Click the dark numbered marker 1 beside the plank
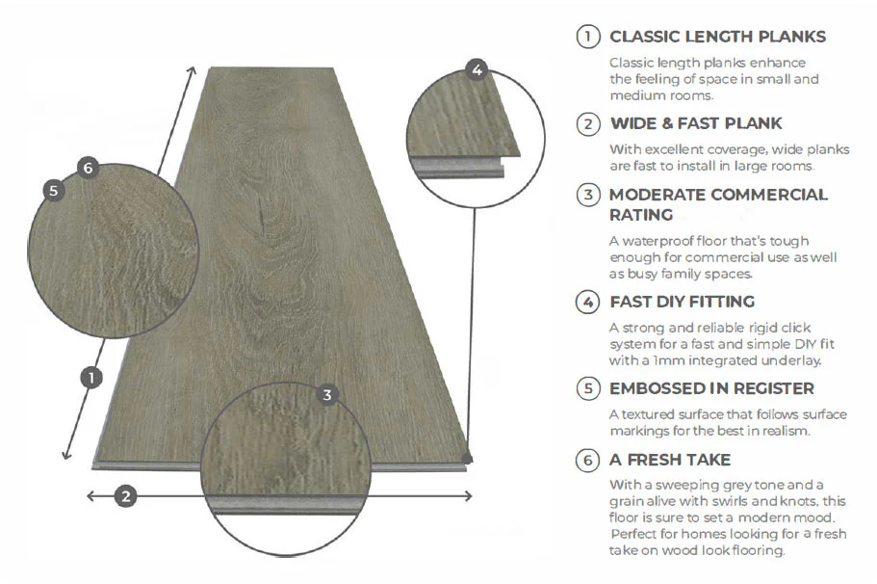click(x=90, y=378)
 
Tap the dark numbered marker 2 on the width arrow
click(x=125, y=496)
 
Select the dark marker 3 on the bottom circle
click(x=327, y=394)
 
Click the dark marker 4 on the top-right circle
click(x=477, y=69)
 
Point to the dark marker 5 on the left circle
click(x=53, y=190)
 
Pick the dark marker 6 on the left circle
click(x=88, y=168)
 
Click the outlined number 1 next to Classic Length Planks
click(x=587, y=38)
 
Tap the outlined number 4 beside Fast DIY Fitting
click(x=587, y=302)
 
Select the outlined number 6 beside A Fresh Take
click(x=587, y=460)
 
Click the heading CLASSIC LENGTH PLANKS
click(x=717, y=38)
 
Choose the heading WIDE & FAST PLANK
click(x=696, y=123)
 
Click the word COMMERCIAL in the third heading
click(x=768, y=195)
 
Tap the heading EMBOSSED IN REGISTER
click(x=711, y=388)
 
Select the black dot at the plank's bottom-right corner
click(x=467, y=457)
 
